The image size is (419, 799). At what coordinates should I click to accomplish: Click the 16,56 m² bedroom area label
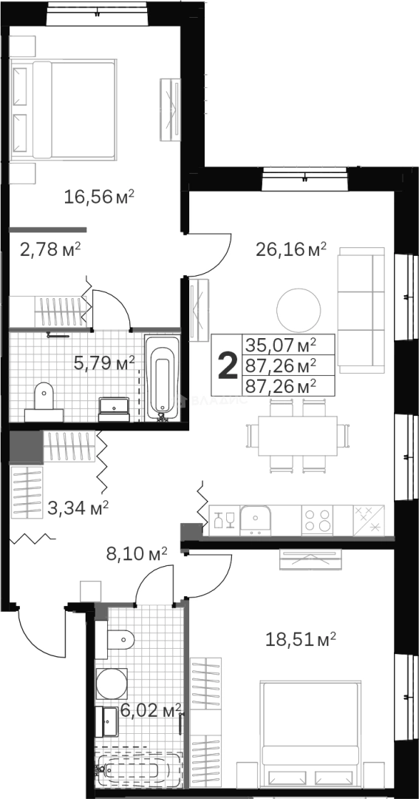(x=99, y=197)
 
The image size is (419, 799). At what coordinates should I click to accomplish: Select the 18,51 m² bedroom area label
(x=301, y=638)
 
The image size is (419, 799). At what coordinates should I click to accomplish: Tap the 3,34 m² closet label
(x=78, y=508)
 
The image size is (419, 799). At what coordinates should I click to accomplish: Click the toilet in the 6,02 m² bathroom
(x=119, y=638)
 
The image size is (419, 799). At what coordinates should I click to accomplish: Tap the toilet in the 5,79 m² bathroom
(x=44, y=396)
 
